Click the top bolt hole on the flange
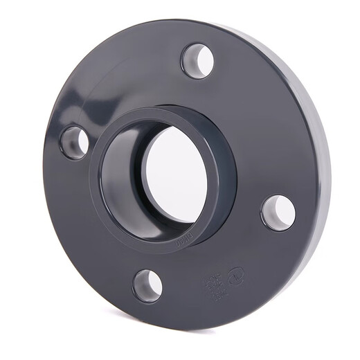tap(197, 60)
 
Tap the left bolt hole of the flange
tap(74, 142)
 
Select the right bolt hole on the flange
tap(278, 212)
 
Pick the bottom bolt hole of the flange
tap(147, 285)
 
